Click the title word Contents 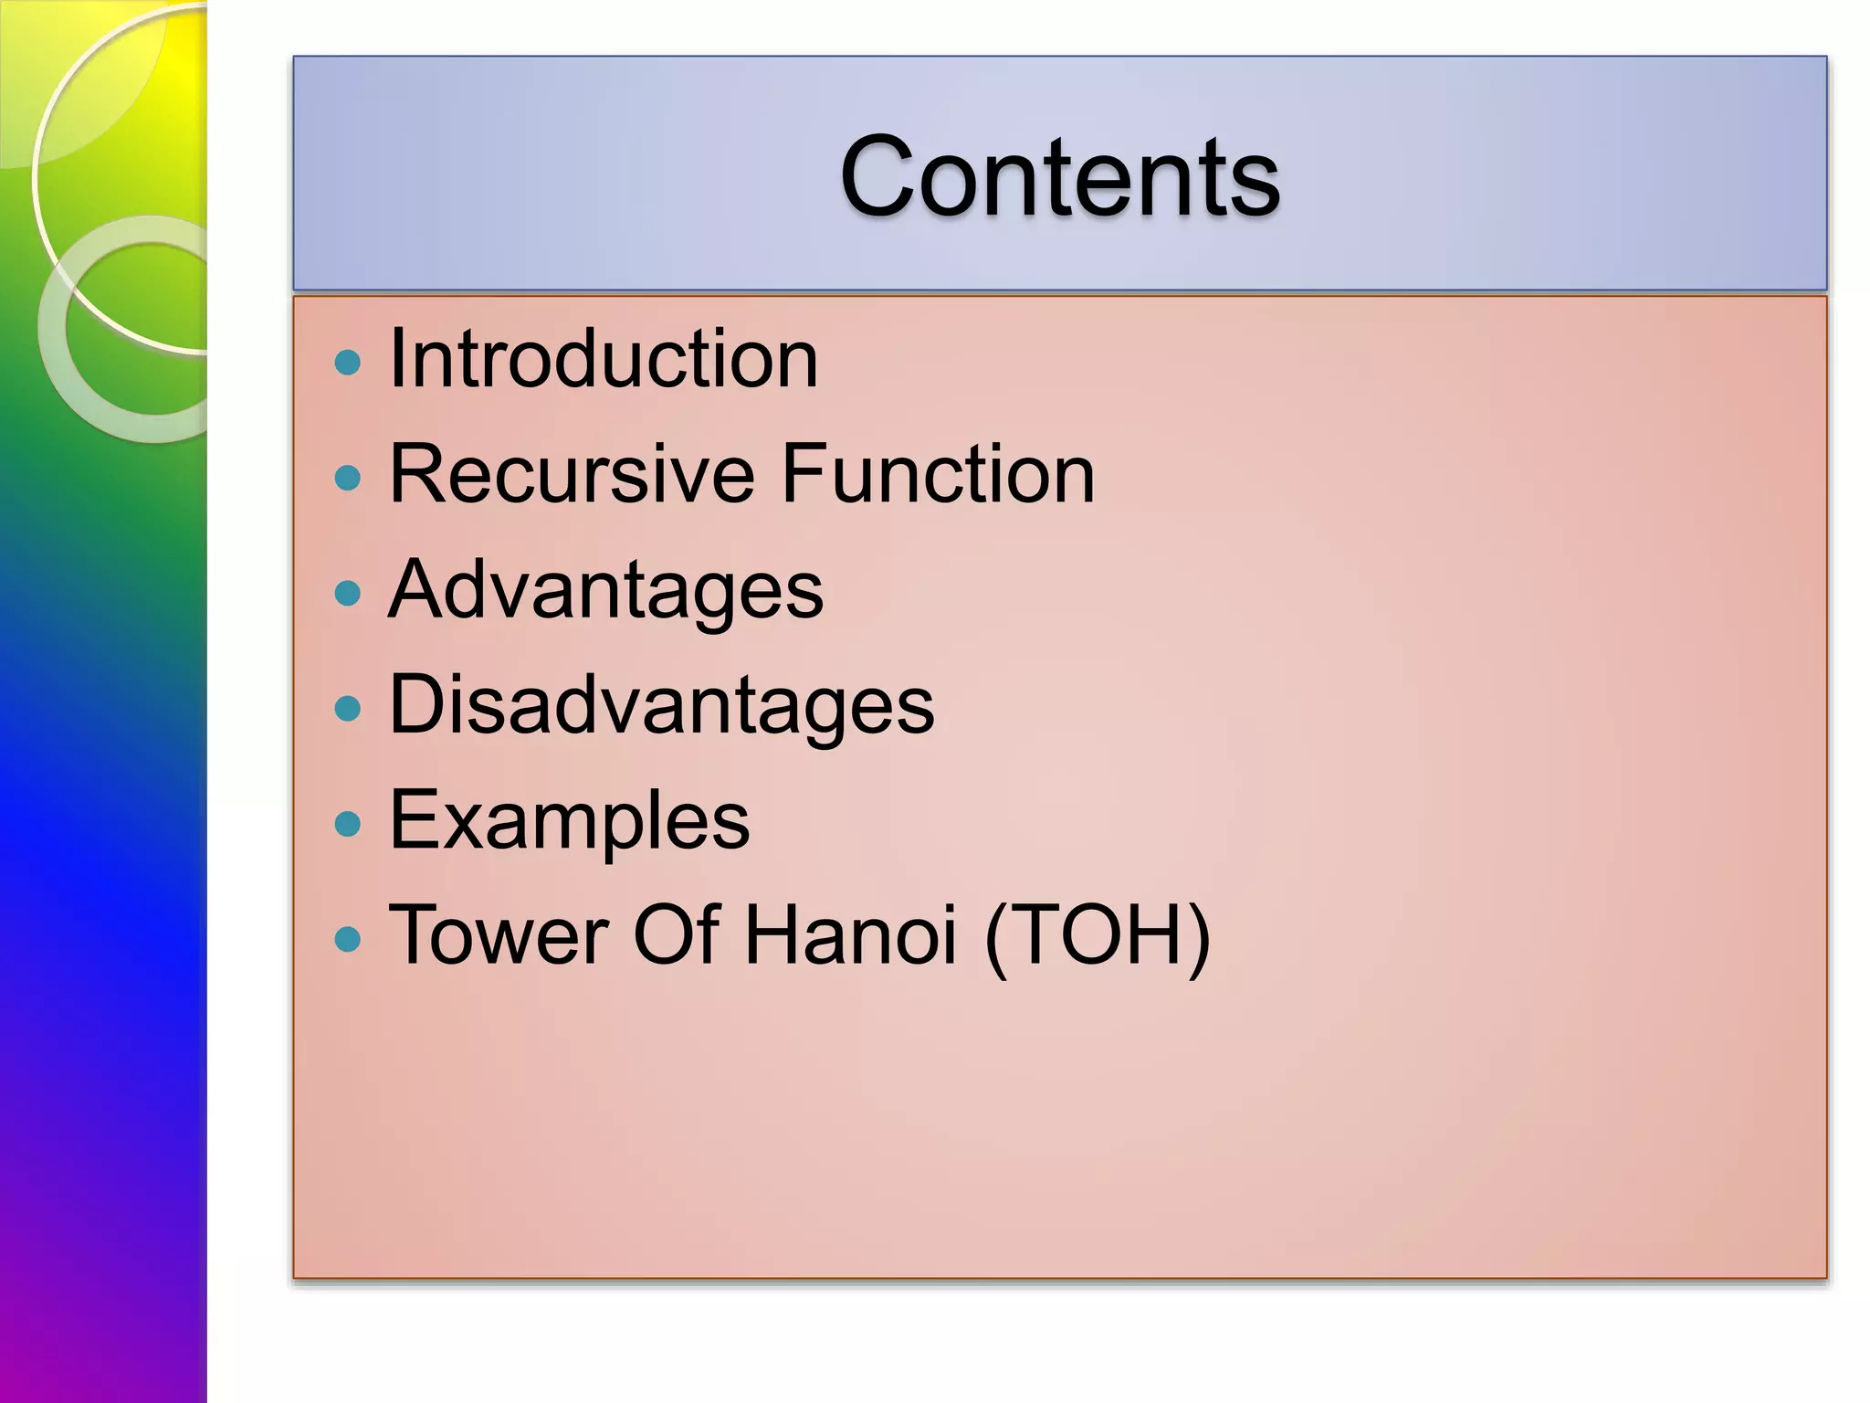(x=1059, y=175)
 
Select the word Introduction (x=604, y=359)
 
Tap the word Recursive (x=571, y=474)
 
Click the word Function (x=938, y=474)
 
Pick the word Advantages (x=605, y=591)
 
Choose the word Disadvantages (x=661, y=705)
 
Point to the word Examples (x=569, y=821)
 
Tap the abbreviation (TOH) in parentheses (x=1098, y=935)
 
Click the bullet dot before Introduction (x=348, y=363)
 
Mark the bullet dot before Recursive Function (x=348, y=478)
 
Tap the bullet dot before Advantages (x=348, y=594)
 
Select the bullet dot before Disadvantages (x=348, y=709)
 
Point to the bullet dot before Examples (x=348, y=825)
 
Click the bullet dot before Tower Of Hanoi (x=348, y=939)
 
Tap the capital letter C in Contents (x=880, y=175)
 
